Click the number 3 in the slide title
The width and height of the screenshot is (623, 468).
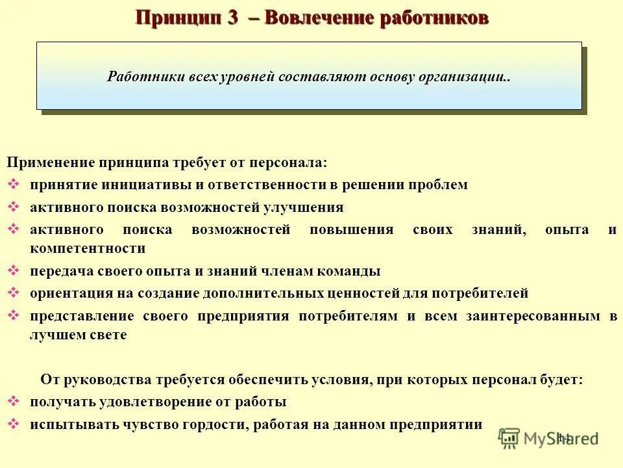click(233, 17)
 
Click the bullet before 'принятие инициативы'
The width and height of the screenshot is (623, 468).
click(14, 184)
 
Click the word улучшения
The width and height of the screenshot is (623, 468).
click(304, 207)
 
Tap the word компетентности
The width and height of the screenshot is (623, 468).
click(87, 248)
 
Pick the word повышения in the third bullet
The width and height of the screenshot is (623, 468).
click(352, 229)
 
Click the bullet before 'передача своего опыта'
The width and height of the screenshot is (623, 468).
click(14, 270)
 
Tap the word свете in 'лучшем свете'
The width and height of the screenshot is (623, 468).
click(108, 335)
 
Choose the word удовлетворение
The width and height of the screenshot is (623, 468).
click(153, 402)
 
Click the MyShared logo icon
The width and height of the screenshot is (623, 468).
click(509, 438)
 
